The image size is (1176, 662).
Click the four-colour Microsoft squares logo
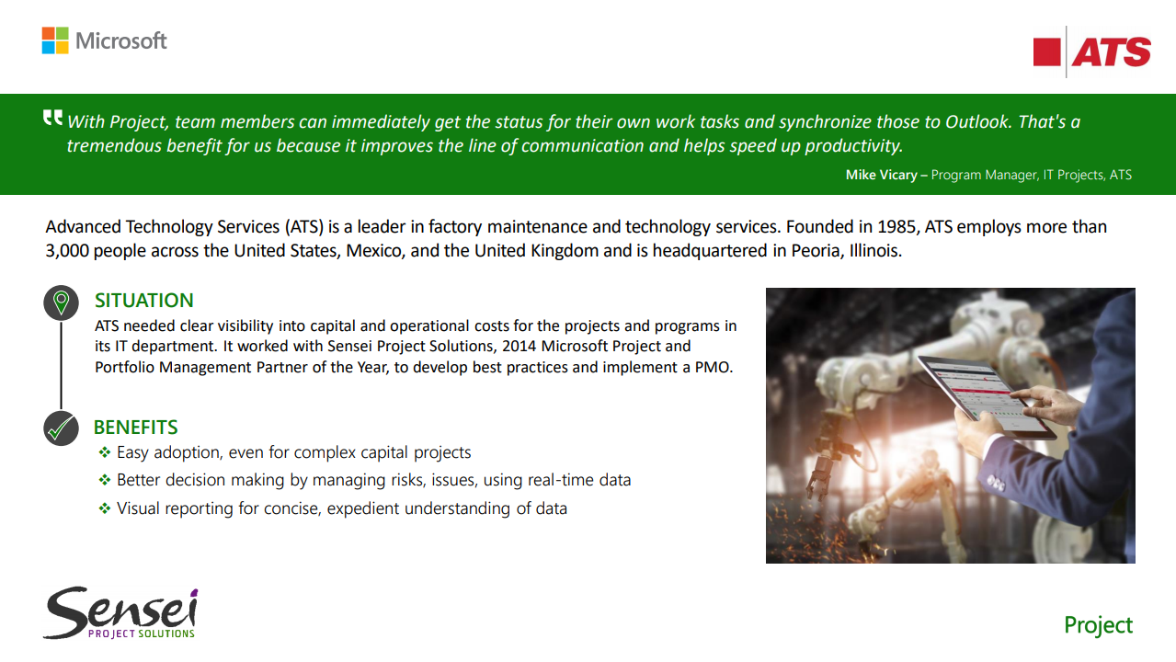point(55,40)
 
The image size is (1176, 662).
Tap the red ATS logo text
point(1112,52)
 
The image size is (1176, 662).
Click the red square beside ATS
point(1047,52)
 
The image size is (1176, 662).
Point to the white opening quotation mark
point(52,118)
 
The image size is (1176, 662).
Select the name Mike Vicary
point(881,175)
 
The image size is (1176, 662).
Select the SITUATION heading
point(143,301)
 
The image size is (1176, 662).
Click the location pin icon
point(61,302)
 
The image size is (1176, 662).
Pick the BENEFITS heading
point(135,428)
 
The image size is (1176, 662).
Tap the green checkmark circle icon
point(61,428)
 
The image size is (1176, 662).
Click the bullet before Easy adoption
point(105,452)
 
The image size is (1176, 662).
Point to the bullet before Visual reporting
point(105,508)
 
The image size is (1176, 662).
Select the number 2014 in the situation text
point(519,347)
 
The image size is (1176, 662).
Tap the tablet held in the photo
point(987,396)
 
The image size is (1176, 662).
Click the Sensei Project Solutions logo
point(120,612)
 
